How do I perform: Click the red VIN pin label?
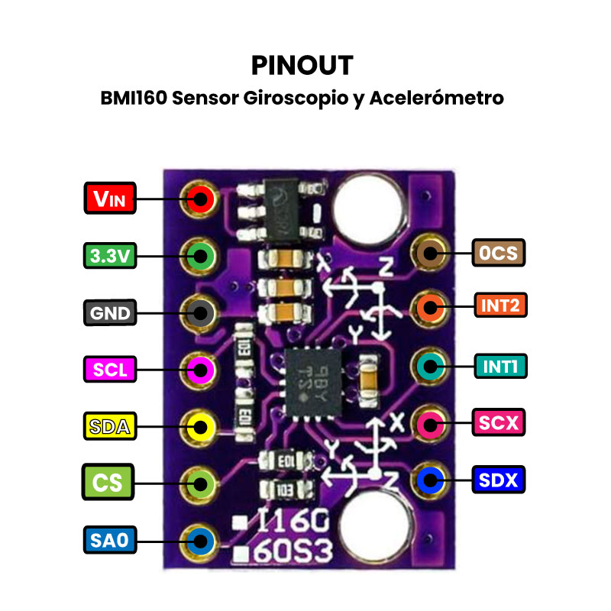tap(110, 199)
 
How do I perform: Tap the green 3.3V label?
tap(109, 256)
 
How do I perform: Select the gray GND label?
tap(110, 313)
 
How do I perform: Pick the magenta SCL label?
tap(110, 370)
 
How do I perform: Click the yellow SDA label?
tap(110, 426)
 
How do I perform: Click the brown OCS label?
tap(499, 253)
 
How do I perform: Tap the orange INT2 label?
tap(499, 306)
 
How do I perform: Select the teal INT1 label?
tap(500, 366)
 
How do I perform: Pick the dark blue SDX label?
tap(499, 480)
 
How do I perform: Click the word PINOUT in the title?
tap(302, 66)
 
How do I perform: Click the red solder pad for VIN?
tap(201, 199)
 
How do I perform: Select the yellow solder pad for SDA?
tap(201, 425)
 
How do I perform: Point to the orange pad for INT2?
tap(429, 308)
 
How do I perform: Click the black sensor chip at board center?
tap(310, 378)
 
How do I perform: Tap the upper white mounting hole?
tap(370, 203)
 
